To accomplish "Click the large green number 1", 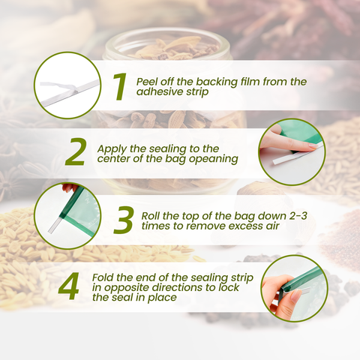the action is point(120,87).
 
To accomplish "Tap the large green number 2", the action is point(75,152).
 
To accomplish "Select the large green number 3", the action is point(123,220).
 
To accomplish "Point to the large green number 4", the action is point(68,286).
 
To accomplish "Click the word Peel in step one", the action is point(147,82).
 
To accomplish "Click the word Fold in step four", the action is point(103,277).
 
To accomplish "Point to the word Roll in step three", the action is point(151,216).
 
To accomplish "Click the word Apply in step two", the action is point(112,149).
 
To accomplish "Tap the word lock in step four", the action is point(229,287).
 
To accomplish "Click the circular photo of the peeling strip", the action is point(67,85).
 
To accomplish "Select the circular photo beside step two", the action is point(292,151).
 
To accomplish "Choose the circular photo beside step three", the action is point(67,216).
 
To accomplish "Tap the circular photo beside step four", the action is point(294,288).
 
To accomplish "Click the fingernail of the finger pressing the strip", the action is point(313,145).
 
